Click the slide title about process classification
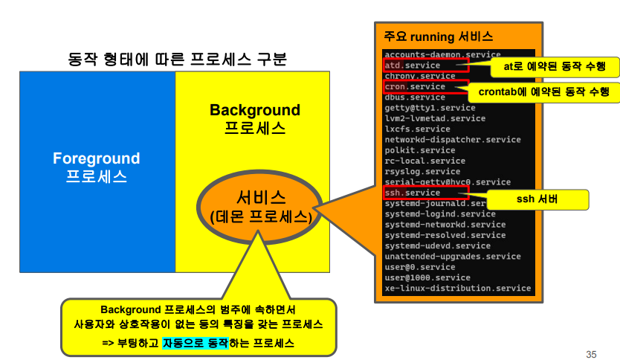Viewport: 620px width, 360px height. click(x=177, y=59)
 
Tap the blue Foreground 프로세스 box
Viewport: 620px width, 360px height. click(x=97, y=167)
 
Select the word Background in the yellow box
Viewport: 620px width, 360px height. click(x=254, y=111)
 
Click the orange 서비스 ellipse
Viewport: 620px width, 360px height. click(x=260, y=207)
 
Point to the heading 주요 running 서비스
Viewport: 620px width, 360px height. click(x=438, y=36)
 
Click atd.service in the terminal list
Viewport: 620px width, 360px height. click(x=413, y=65)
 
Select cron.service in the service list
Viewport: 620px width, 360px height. click(x=415, y=86)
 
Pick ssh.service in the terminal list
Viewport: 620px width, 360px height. click(x=413, y=193)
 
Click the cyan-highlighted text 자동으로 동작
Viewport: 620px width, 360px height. click(x=194, y=343)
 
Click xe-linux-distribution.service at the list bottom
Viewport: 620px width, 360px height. click(x=457, y=288)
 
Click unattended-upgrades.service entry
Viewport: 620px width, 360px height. click(x=453, y=256)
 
